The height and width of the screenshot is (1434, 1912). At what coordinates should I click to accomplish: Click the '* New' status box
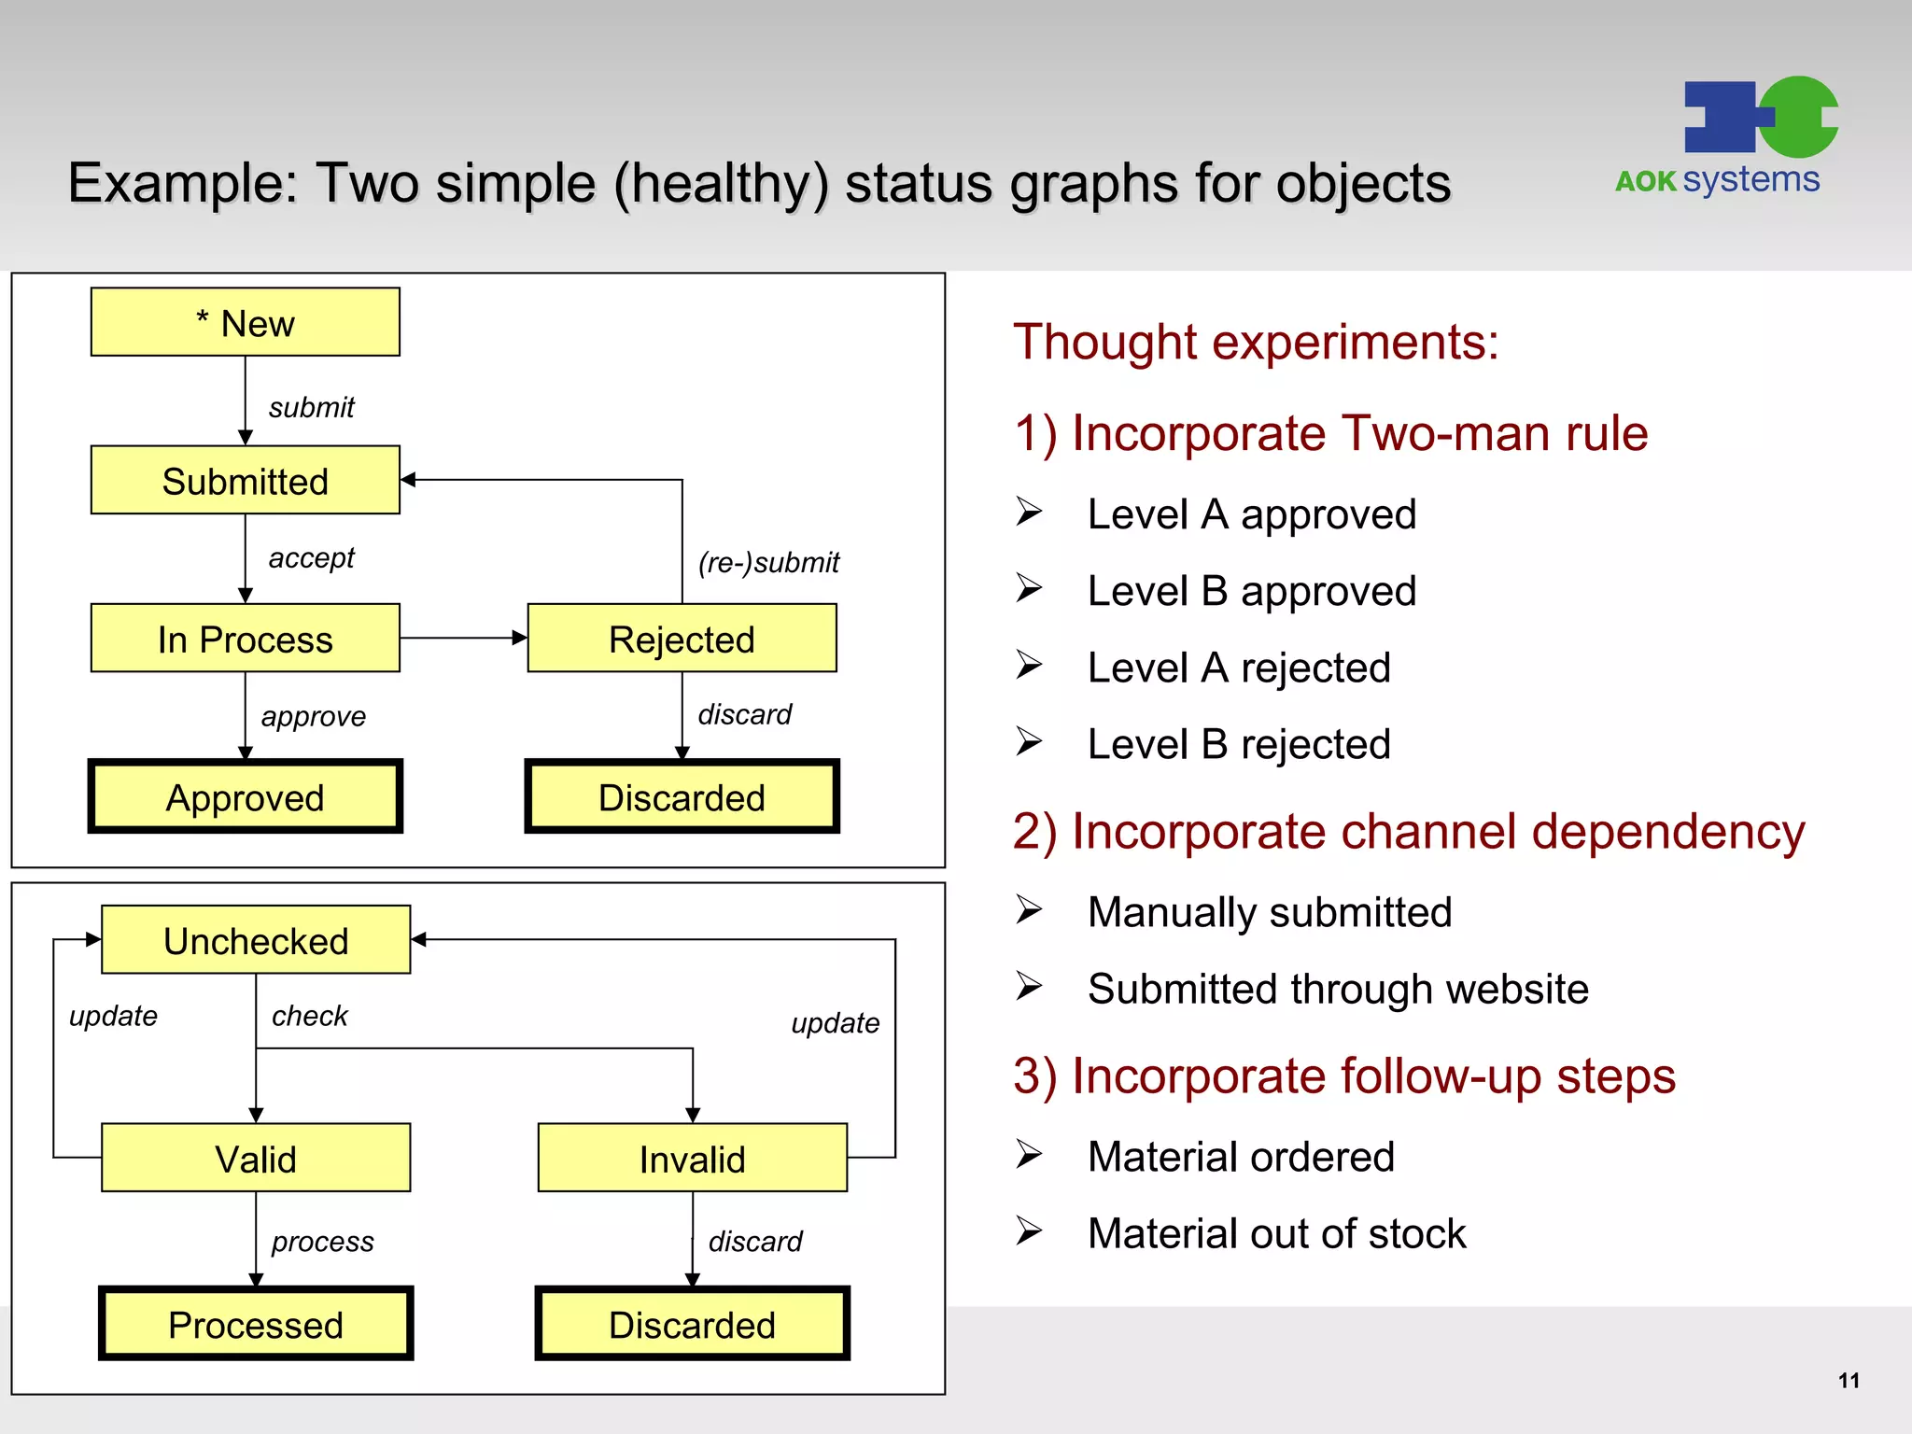245,322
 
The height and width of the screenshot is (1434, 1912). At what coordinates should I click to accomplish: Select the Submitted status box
245,480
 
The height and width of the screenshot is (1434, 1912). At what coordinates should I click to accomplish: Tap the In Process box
245,639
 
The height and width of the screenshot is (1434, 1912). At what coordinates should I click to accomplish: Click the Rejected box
682,639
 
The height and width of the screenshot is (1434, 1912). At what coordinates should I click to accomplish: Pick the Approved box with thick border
245,796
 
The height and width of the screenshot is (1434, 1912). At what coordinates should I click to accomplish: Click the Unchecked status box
256,939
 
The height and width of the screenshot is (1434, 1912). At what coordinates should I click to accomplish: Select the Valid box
256,1158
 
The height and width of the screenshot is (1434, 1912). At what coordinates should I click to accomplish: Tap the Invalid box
692,1158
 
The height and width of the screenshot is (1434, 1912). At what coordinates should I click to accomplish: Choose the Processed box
256,1324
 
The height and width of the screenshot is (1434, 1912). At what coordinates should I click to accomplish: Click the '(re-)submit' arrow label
768,562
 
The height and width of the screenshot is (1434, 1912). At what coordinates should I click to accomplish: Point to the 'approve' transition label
313,716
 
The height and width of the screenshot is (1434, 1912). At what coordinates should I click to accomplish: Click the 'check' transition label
309,1016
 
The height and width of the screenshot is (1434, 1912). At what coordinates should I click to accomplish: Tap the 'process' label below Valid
322,1242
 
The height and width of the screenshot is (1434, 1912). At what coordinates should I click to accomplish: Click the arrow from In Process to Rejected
463,639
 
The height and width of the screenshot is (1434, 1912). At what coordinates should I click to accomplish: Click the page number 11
1848,1380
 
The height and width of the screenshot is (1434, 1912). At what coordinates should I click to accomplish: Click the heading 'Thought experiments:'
1256,342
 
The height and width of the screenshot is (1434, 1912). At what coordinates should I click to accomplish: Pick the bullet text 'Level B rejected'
1239,744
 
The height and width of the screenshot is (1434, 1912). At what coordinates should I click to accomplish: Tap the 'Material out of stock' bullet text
1276,1233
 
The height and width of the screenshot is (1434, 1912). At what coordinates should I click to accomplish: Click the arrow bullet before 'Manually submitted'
1029,909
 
